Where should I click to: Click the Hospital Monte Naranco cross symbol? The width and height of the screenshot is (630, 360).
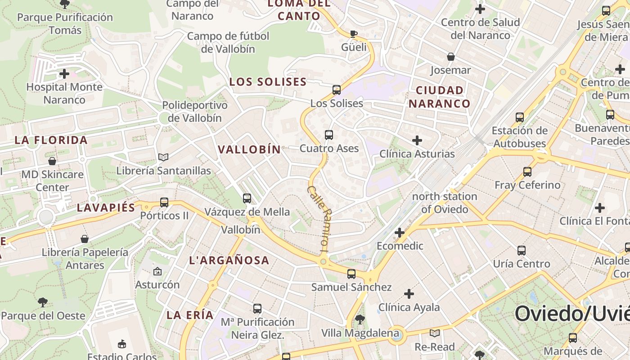[x=64, y=73]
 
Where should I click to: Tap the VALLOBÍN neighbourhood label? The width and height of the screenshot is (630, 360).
[x=249, y=149]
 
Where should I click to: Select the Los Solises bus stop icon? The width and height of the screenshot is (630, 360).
[x=337, y=90]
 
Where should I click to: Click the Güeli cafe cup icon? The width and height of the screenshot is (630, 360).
[x=354, y=34]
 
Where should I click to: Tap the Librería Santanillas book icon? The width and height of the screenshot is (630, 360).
[x=163, y=157]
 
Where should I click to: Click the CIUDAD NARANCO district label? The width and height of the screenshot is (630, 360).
[x=440, y=97]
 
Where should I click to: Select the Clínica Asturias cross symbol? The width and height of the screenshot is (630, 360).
[x=417, y=140]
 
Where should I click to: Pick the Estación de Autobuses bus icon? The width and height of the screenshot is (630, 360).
[x=520, y=117]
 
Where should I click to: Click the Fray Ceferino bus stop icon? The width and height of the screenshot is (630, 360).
[x=527, y=171]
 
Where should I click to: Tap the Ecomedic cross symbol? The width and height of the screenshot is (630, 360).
[x=400, y=232]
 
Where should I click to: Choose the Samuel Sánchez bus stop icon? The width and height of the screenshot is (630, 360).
[x=351, y=274]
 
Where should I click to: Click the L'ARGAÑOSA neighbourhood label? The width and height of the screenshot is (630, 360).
[x=229, y=260]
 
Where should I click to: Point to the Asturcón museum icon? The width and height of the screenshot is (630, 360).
[x=157, y=271]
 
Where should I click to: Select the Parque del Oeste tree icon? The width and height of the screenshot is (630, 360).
[x=43, y=302]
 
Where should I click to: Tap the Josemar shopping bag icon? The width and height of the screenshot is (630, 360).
[x=450, y=57]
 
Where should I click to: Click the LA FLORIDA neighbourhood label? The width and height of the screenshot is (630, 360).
[x=51, y=140]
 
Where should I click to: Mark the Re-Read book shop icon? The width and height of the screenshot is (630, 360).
[x=435, y=333]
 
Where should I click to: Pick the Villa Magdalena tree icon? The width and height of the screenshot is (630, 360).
[x=360, y=319]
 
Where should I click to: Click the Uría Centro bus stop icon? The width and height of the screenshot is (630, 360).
[x=522, y=250]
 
